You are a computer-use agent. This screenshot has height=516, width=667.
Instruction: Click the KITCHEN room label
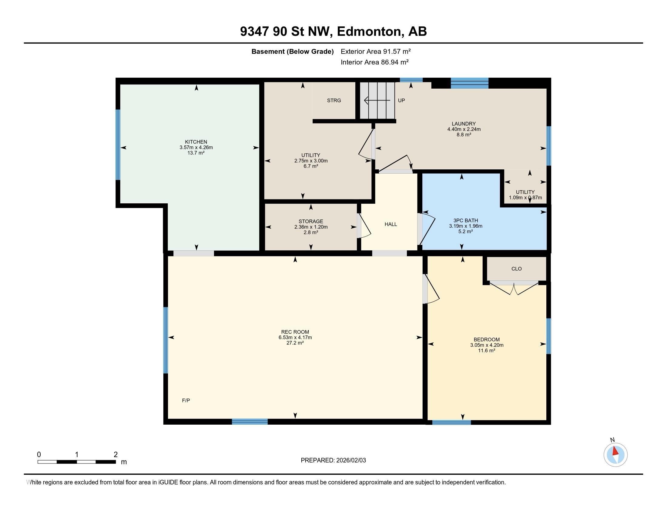(196, 142)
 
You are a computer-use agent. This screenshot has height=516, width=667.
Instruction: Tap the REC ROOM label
(295, 332)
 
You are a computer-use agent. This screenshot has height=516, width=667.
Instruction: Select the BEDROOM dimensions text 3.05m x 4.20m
(487, 345)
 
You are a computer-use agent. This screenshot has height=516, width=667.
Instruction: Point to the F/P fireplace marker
(186, 400)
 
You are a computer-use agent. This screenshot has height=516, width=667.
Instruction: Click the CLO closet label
(516, 269)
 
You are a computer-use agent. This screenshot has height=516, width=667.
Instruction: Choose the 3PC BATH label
(466, 220)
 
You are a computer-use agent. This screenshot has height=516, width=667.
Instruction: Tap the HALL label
(391, 224)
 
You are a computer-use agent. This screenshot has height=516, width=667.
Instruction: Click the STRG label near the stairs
(334, 100)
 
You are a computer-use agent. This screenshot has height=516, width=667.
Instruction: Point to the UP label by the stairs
(401, 100)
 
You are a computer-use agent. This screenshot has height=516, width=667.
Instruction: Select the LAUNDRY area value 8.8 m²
(464, 134)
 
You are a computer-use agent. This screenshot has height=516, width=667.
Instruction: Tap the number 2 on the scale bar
(116, 455)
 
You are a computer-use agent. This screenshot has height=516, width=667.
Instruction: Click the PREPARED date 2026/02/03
(350, 460)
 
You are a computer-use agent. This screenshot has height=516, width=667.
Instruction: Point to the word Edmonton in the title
(369, 32)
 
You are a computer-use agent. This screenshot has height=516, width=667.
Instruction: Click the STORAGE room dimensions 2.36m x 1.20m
(311, 227)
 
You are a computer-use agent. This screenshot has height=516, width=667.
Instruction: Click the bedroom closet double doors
(514, 288)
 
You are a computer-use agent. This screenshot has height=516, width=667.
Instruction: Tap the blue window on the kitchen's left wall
(118, 144)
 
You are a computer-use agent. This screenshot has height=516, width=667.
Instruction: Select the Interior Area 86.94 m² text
(375, 62)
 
